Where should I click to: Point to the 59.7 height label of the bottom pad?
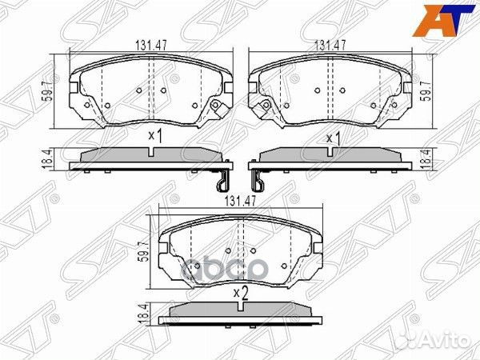[x=144, y=243]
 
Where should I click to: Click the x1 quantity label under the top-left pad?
[x=155, y=137]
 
